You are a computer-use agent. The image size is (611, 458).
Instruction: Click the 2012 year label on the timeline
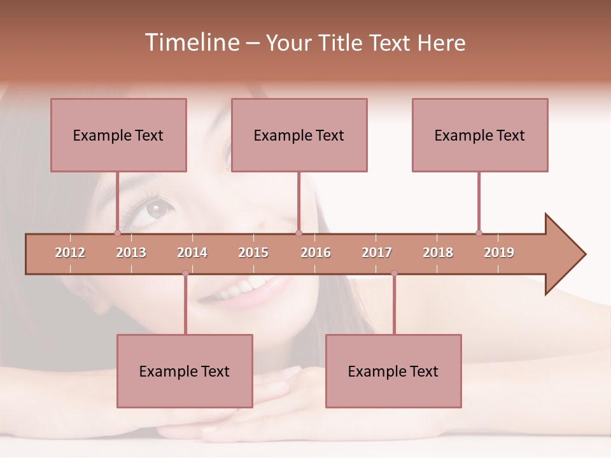[70, 253]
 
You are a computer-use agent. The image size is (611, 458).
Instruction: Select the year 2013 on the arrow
[131, 253]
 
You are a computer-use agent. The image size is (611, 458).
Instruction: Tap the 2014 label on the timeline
[192, 253]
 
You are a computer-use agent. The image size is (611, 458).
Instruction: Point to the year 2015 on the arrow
[253, 253]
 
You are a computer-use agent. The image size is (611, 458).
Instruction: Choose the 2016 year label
[316, 253]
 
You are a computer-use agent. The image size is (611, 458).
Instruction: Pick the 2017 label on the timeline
[377, 253]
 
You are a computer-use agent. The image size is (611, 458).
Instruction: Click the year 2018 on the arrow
[438, 253]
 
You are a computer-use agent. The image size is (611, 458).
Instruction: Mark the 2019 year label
[499, 253]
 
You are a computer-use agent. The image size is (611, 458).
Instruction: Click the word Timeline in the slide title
[191, 43]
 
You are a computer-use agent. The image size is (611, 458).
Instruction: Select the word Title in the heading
[342, 43]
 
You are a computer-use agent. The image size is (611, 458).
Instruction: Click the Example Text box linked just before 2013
[118, 135]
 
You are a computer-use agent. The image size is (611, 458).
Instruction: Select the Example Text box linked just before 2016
[299, 135]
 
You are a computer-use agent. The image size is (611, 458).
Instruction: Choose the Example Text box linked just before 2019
[480, 135]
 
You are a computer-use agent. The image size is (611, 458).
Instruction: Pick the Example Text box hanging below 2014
[185, 371]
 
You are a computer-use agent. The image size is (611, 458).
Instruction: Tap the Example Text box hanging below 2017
[393, 371]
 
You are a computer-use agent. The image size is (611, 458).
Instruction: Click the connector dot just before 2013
[117, 233]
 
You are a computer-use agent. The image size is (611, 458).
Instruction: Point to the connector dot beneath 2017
[394, 274]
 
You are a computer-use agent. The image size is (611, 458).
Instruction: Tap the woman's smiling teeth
[245, 288]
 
